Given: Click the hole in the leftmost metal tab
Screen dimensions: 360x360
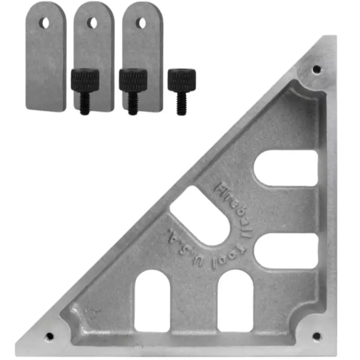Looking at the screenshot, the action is point(44,23).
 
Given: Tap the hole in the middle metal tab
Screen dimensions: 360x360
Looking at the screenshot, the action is point(93,23).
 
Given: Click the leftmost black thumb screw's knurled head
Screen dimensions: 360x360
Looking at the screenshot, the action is point(85,80).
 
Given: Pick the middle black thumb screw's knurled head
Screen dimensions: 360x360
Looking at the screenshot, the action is point(133,80).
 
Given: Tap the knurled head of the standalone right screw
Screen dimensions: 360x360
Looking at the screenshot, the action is point(181,80).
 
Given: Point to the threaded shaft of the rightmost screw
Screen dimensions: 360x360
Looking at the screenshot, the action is point(181,103).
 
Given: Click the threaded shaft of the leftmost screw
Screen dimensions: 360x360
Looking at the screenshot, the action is point(85,103).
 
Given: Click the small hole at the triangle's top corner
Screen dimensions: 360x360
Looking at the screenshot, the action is point(317,68).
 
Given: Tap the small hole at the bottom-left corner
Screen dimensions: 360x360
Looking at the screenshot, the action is point(49,337).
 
